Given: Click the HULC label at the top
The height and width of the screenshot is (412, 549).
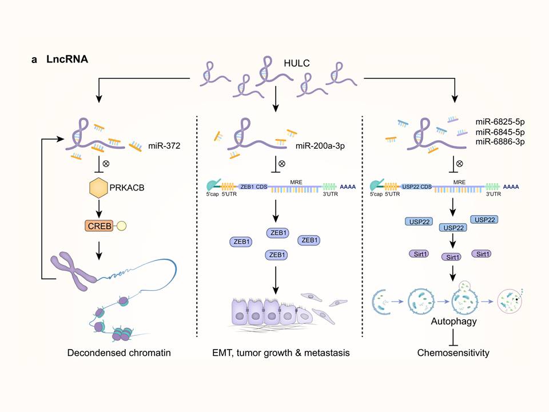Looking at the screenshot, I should [297, 63].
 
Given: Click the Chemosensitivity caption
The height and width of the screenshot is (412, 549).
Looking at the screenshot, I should [453, 353].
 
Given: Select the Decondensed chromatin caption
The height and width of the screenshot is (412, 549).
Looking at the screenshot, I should [112, 353].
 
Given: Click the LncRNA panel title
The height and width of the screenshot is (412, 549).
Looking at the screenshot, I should [67, 59].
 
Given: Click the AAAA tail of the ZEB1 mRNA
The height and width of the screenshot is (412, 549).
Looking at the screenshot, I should [347, 186].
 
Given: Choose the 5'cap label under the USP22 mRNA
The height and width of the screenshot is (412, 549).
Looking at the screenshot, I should [378, 195].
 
